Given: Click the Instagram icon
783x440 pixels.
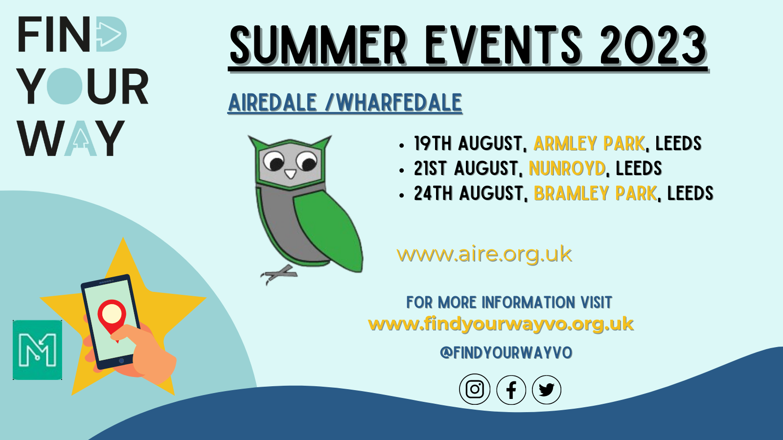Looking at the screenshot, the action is click(x=475, y=389).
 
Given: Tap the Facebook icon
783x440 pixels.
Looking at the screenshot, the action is click(x=511, y=390).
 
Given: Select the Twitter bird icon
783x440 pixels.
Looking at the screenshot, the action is click(x=547, y=390).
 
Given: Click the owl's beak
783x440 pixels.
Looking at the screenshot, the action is click(x=290, y=174).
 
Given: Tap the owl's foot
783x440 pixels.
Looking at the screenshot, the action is click(x=278, y=274).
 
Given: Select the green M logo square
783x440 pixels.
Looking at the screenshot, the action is click(x=37, y=350).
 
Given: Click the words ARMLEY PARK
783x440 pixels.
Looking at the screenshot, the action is click(x=589, y=144).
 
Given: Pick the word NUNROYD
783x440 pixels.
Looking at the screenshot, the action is click(x=567, y=168).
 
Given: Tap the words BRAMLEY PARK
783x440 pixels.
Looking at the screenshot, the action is click(x=595, y=194).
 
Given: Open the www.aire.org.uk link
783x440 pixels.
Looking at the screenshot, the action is click(x=484, y=254).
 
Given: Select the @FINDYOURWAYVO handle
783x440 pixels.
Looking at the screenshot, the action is click(x=506, y=353).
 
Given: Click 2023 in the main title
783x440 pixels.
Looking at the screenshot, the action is click(x=653, y=45).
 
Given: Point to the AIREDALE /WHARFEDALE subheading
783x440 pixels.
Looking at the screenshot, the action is click(x=345, y=103).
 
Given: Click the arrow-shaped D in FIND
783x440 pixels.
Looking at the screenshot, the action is click(x=111, y=34).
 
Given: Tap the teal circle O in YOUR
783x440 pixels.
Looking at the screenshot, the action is click(x=64, y=86).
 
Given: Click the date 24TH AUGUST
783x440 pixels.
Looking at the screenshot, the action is click(x=469, y=194).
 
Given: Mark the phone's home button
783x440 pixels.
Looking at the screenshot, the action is click(x=121, y=361).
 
